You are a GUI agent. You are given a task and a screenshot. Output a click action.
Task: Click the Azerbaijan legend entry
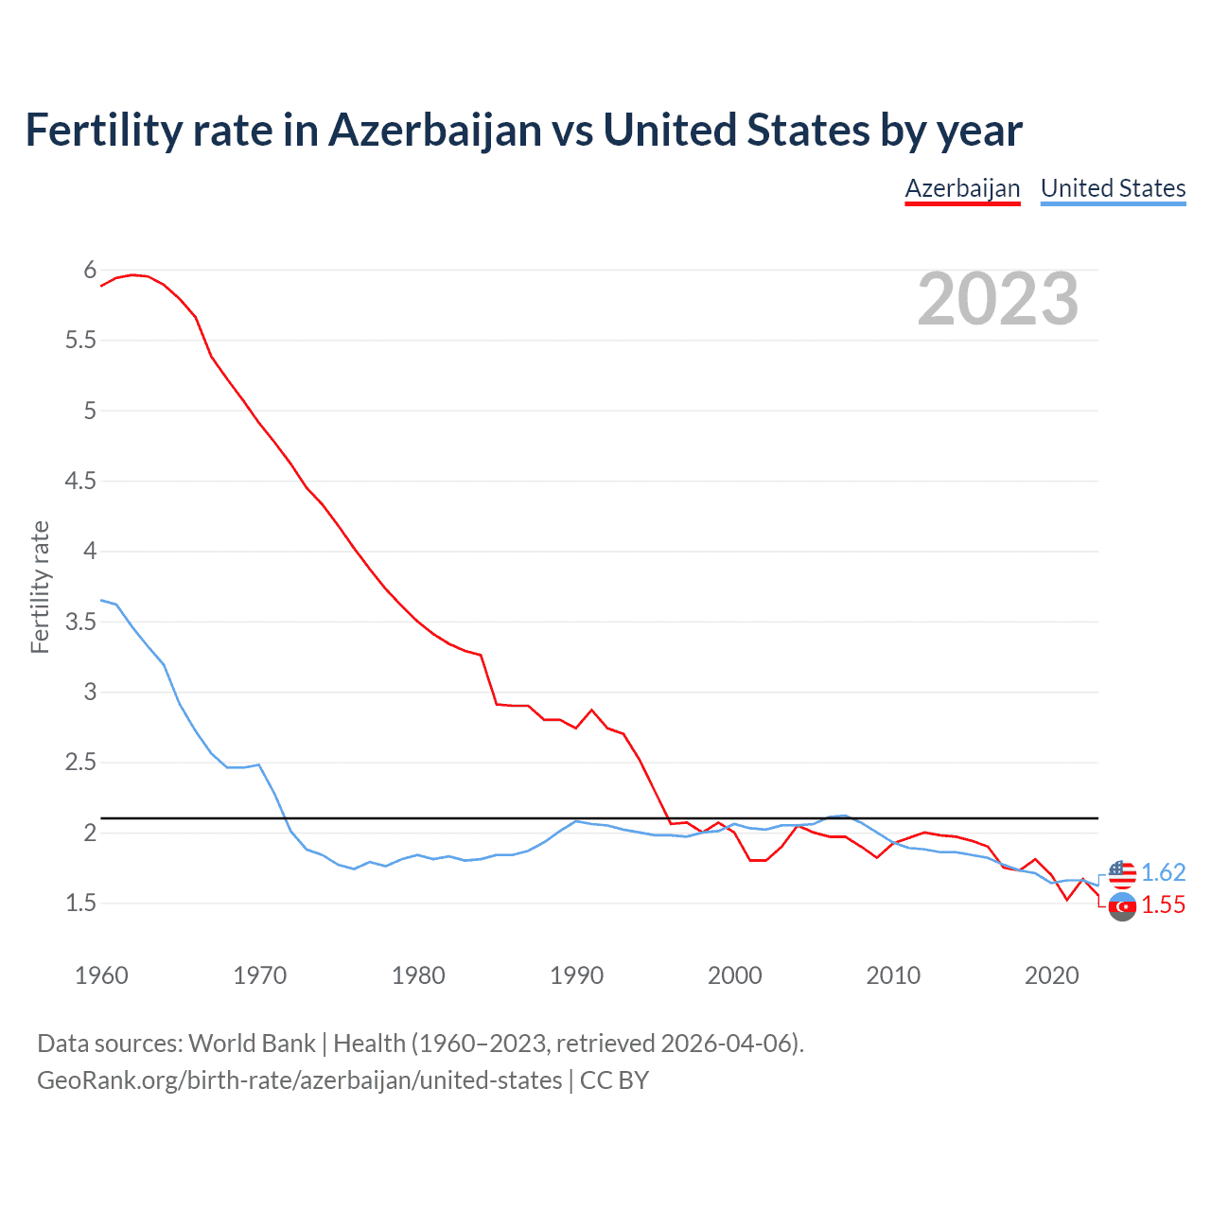pos(962,188)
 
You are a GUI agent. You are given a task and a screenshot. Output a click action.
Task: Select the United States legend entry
pos(1113,188)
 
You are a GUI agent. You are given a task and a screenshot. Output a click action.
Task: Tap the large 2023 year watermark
pos(997,299)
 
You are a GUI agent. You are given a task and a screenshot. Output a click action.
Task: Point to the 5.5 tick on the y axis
pos(80,341)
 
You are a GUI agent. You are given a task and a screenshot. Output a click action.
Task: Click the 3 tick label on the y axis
pos(91,692)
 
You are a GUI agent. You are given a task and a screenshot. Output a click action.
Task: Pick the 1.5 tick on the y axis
pos(80,904)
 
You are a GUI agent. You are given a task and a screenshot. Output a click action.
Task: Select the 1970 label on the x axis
pos(259,975)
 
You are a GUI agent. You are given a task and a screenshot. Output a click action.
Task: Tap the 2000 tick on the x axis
pos(734,975)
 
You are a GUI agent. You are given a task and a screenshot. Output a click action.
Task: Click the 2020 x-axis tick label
pos(1051,975)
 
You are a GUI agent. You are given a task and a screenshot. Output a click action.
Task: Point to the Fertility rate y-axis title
pos(40,587)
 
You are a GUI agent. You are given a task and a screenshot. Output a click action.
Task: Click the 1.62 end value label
pos(1163,872)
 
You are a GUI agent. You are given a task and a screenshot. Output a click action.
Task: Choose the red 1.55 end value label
pos(1163,905)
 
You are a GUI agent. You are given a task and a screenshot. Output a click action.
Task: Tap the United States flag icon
pos(1122,873)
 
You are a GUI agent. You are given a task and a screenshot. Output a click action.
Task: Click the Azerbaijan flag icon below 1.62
pos(1122,906)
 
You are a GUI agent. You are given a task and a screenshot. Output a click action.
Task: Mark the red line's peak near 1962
pos(132,274)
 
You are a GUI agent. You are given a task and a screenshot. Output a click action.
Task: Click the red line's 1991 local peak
pos(592,710)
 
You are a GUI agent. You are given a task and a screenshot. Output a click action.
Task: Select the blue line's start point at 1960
pos(101,600)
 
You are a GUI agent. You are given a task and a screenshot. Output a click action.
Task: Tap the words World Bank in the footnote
pos(252,1044)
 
